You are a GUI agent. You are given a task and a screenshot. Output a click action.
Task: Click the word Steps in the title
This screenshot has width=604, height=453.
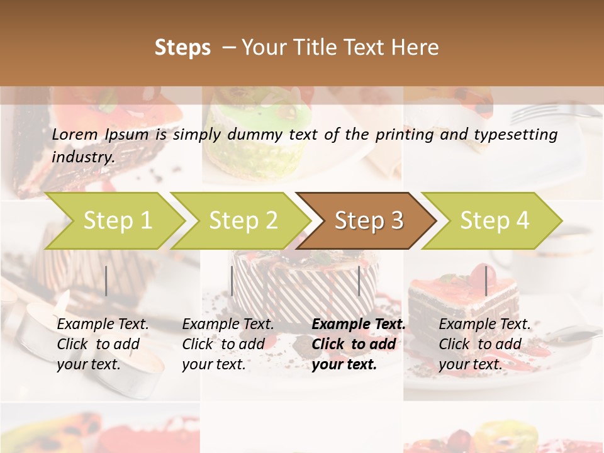coord(182,48)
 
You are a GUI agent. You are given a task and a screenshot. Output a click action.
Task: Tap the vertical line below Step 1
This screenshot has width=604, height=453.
coord(106,281)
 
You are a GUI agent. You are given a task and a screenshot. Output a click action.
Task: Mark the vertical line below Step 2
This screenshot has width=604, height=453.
coord(232,281)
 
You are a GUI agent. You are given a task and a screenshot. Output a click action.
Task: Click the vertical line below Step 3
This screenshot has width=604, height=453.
coord(359,281)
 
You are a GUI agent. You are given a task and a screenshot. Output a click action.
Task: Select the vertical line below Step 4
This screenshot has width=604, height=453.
coord(486,281)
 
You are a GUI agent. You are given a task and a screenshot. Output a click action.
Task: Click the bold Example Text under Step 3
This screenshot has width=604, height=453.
coord(359,325)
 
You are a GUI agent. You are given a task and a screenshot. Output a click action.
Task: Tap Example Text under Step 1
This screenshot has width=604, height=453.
coord(103,325)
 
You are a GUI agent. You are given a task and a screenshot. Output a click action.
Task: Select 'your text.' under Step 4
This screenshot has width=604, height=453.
coord(470,364)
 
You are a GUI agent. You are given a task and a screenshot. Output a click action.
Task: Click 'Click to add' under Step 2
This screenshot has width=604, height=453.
coord(223,344)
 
